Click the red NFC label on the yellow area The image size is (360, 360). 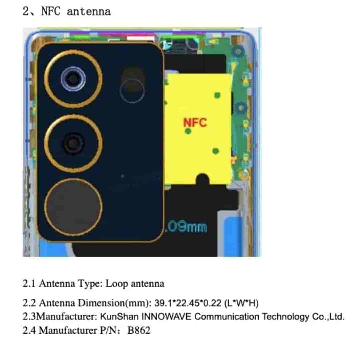click(195, 122)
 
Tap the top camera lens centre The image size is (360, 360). click(73, 79)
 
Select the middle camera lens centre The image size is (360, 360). click(73, 143)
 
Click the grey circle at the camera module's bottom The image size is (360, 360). click(73, 204)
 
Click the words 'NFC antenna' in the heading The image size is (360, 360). click(76, 11)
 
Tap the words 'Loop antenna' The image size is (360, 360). click(135, 284)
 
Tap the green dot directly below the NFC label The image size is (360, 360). click(188, 131)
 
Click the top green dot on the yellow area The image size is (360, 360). click(217, 95)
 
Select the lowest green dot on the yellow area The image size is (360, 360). click(216, 151)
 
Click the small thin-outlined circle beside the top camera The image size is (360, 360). click(132, 91)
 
